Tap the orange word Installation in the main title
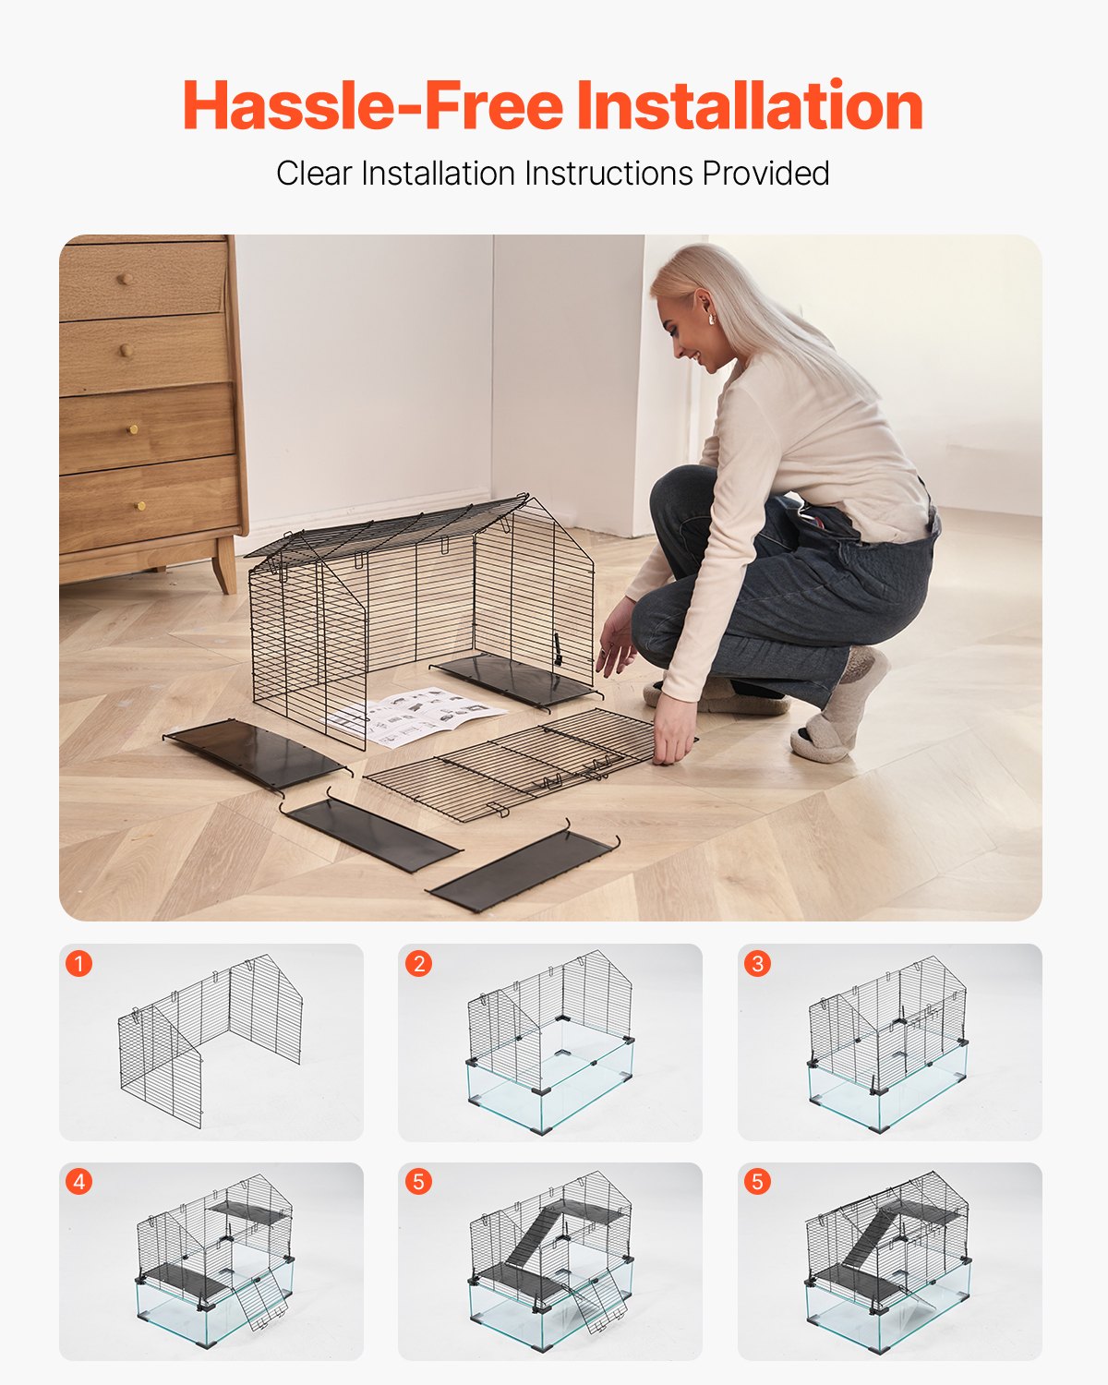pos(750,106)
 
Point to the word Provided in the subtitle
pos(765,174)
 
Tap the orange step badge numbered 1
pos(79,964)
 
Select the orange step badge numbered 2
pos(418,964)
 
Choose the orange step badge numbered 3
pos(757,964)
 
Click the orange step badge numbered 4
pos(79,1182)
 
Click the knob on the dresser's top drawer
pos(126,279)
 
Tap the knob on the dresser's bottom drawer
pos(140,505)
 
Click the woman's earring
pos(711,319)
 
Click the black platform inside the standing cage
pos(512,679)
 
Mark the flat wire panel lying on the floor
pos(517,762)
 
